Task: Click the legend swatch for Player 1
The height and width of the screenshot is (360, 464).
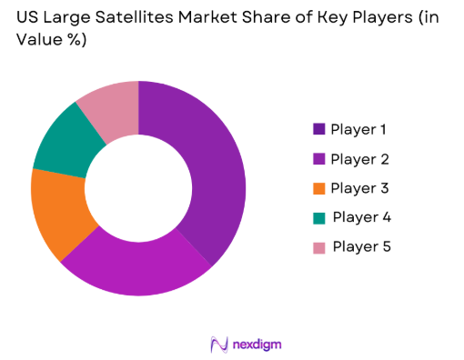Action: pyautogui.click(x=318, y=129)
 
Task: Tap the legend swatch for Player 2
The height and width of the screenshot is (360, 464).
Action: pyautogui.click(x=318, y=159)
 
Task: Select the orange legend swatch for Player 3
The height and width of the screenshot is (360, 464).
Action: pyautogui.click(x=318, y=188)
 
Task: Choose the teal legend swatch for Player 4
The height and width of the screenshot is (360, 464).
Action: pyautogui.click(x=318, y=217)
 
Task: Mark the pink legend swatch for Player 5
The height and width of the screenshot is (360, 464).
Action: pyautogui.click(x=318, y=246)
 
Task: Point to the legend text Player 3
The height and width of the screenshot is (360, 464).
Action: pyautogui.click(x=360, y=188)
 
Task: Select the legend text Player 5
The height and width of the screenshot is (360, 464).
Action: pyautogui.click(x=362, y=246)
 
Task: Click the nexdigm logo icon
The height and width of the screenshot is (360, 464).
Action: pyautogui.click(x=217, y=343)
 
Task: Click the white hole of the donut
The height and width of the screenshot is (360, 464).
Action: pyautogui.click(x=138, y=187)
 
